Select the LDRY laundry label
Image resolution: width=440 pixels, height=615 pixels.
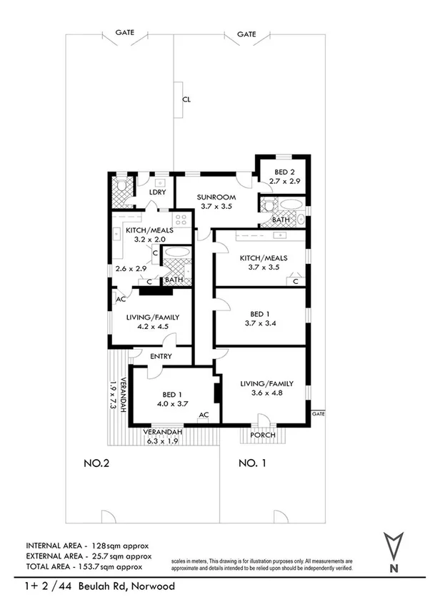pos(157,192)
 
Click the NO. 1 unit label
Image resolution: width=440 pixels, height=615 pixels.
pos(252,463)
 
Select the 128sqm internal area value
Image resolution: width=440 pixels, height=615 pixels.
pos(108,545)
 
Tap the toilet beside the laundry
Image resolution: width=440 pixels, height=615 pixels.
pos(121,188)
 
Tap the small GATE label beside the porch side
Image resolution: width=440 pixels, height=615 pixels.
pos(318,414)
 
